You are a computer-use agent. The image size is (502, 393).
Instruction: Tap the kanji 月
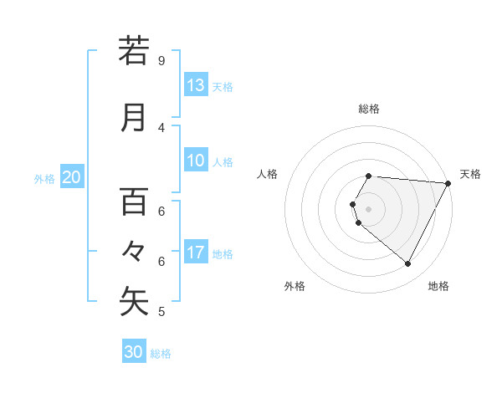point(133,118)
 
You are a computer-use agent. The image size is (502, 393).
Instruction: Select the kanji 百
point(133,202)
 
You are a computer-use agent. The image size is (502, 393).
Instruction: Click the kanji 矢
point(133,302)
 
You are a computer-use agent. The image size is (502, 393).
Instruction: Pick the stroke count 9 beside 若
point(161,61)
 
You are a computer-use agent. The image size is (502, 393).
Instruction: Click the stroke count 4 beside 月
point(161,128)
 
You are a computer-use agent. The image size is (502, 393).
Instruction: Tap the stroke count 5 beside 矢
point(161,312)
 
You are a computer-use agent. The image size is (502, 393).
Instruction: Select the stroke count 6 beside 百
point(161,212)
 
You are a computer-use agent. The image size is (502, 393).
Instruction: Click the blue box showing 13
point(196,85)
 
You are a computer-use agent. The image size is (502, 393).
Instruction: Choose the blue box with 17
point(196,253)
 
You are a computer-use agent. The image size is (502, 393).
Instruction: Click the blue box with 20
point(72,177)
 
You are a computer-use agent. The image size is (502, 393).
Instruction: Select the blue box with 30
point(134,352)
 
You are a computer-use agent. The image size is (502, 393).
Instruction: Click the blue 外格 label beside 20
point(44,178)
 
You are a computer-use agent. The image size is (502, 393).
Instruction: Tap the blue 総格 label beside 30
point(161,354)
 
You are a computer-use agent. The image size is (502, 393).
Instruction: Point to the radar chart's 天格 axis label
point(470,174)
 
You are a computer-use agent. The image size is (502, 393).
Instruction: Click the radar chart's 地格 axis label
point(438,286)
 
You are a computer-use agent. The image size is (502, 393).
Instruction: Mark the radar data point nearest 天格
point(448,183)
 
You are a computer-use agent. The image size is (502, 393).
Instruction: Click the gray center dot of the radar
point(368,208)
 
